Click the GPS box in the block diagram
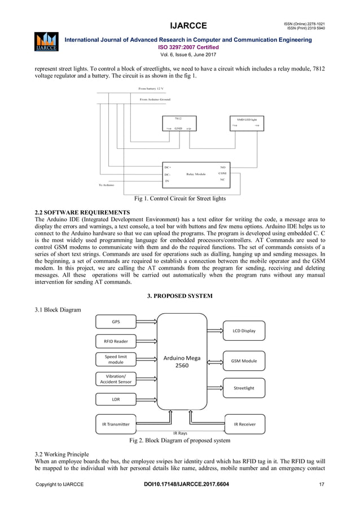(116, 322)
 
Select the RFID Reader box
(116, 341)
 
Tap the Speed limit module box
(116, 359)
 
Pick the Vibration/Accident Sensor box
(116, 379)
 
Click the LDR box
(116, 400)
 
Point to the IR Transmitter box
(116, 424)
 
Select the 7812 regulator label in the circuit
(178, 119)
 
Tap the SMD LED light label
(246, 120)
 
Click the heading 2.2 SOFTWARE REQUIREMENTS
(82, 212)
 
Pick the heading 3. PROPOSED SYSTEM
(179, 295)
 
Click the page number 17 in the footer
(322, 485)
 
